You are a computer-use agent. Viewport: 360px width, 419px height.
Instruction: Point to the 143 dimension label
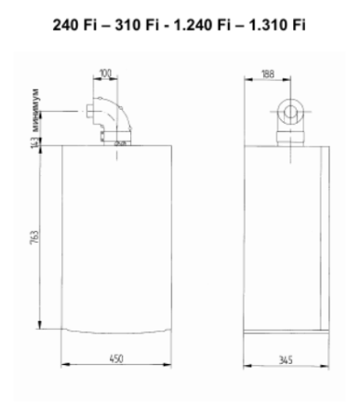[34, 141]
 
